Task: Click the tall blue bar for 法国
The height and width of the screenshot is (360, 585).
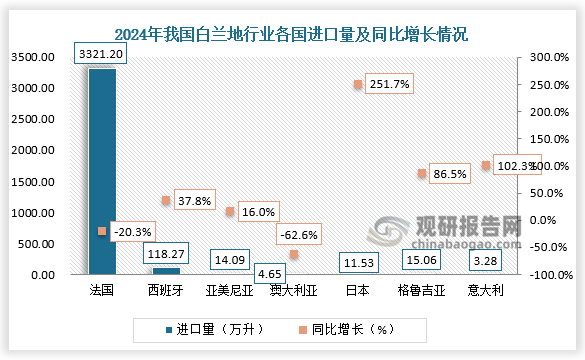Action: tap(102, 170)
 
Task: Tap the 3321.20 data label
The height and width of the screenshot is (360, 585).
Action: tap(102, 53)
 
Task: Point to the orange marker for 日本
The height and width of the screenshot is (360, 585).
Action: tap(358, 85)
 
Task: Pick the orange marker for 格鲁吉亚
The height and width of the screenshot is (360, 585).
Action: tap(422, 174)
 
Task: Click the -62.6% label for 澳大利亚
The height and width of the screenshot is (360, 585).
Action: tap(301, 235)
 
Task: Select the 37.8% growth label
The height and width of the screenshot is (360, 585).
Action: tap(196, 200)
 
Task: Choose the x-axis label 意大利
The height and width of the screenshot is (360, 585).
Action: tap(485, 290)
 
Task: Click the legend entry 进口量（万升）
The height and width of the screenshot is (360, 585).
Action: tap(216, 328)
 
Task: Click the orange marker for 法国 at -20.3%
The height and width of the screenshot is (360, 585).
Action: tap(102, 231)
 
